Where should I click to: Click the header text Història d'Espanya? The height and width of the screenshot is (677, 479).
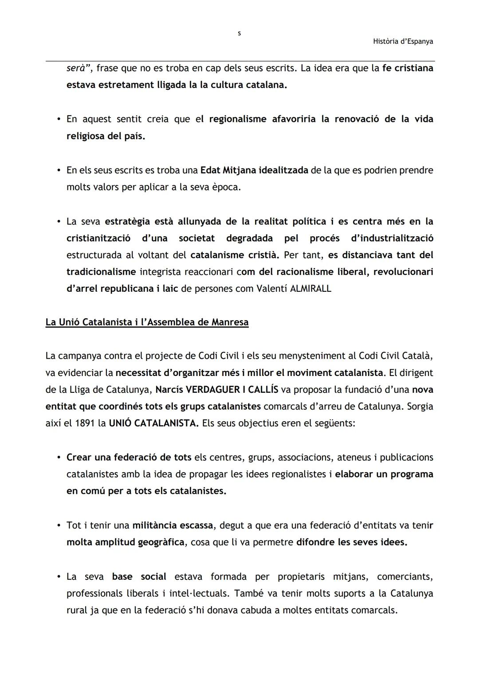coord(403,41)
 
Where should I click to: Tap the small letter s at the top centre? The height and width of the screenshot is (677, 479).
coord(239,33)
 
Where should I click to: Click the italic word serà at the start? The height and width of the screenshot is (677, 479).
coord(77,68)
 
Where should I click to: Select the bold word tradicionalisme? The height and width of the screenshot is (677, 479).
coord(101,272)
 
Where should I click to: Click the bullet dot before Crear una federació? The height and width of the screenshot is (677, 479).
coord(59,458)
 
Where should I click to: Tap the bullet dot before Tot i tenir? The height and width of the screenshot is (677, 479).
coord(59,526)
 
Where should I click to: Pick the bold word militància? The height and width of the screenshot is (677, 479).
coord(153,526)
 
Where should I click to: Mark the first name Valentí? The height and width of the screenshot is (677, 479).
coord(271,289)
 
